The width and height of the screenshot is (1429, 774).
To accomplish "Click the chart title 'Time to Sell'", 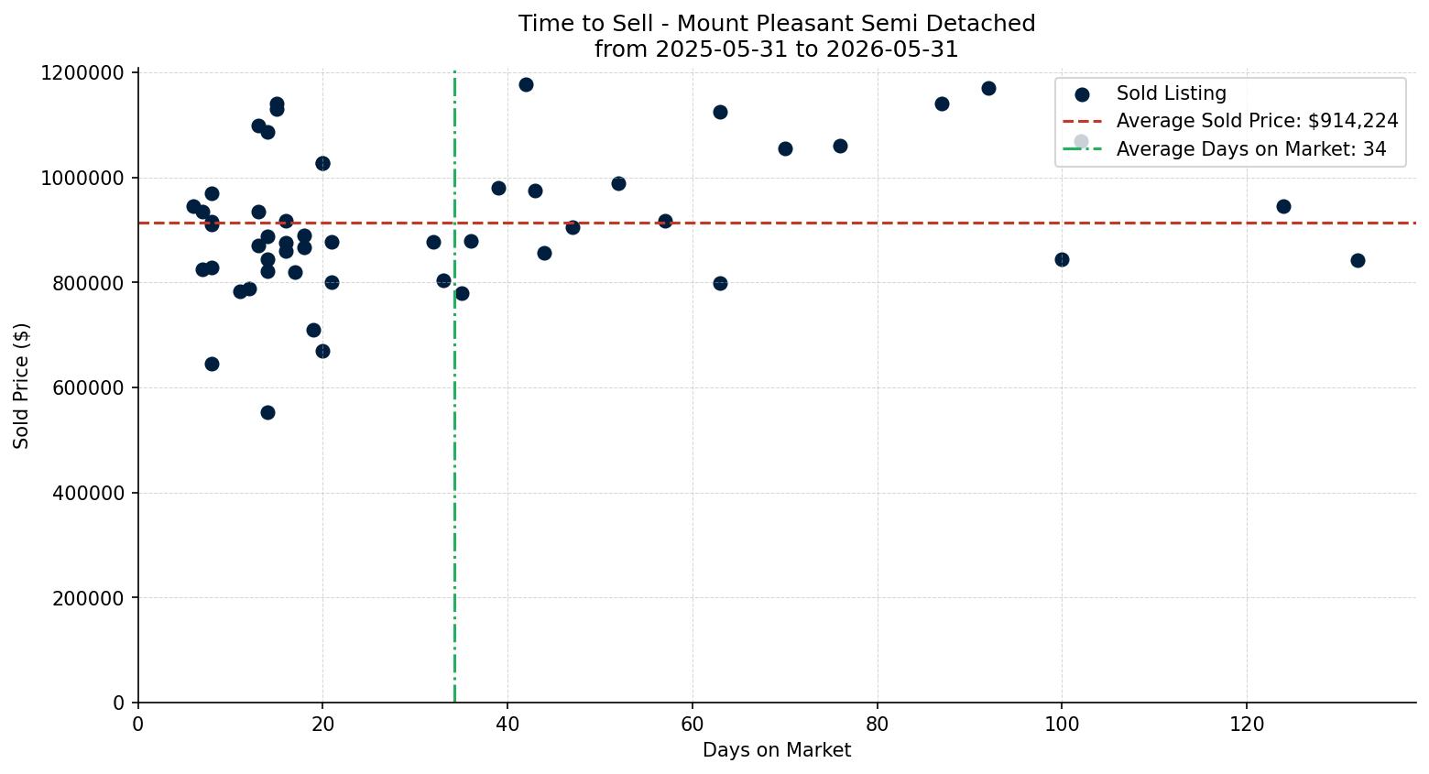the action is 585,24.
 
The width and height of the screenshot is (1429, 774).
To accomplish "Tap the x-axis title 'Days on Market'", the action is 777,750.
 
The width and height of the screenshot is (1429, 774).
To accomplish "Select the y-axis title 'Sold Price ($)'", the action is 21,386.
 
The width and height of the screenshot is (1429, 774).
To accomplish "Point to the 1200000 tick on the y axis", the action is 82,73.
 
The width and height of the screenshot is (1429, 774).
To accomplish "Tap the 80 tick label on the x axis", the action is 878,725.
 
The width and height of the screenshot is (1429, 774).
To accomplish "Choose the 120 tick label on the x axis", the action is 1247,725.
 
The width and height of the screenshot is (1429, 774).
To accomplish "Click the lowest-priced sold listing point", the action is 267,413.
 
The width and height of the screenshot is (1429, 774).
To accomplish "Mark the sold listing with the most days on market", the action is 1358,260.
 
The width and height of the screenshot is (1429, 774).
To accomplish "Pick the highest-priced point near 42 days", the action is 527,85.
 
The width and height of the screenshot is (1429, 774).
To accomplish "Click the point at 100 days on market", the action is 1062,260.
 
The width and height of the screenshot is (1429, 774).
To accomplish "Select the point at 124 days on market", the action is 1283,207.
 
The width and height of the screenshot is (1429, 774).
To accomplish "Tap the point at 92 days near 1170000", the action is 988,89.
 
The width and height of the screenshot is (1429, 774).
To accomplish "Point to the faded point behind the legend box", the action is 1081,142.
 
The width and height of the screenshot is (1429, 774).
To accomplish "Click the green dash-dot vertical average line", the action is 454,387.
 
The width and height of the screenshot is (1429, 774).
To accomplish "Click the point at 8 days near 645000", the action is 212,365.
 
